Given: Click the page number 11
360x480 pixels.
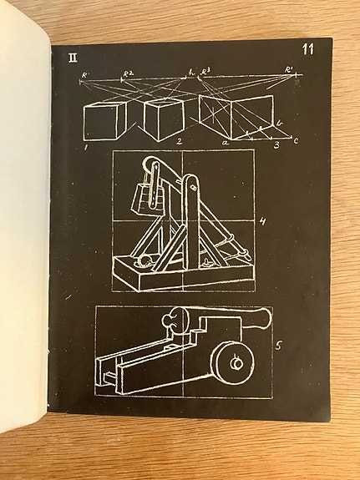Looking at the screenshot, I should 307,49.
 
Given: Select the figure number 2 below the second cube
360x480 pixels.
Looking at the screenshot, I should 178,143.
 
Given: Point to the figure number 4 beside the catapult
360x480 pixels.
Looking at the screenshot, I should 261,222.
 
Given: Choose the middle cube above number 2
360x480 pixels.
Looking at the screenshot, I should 164,118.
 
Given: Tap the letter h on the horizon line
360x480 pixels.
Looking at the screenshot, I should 191,73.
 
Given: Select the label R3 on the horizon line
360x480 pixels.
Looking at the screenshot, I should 205,73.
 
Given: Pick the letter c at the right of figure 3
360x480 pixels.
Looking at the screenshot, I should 295,140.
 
